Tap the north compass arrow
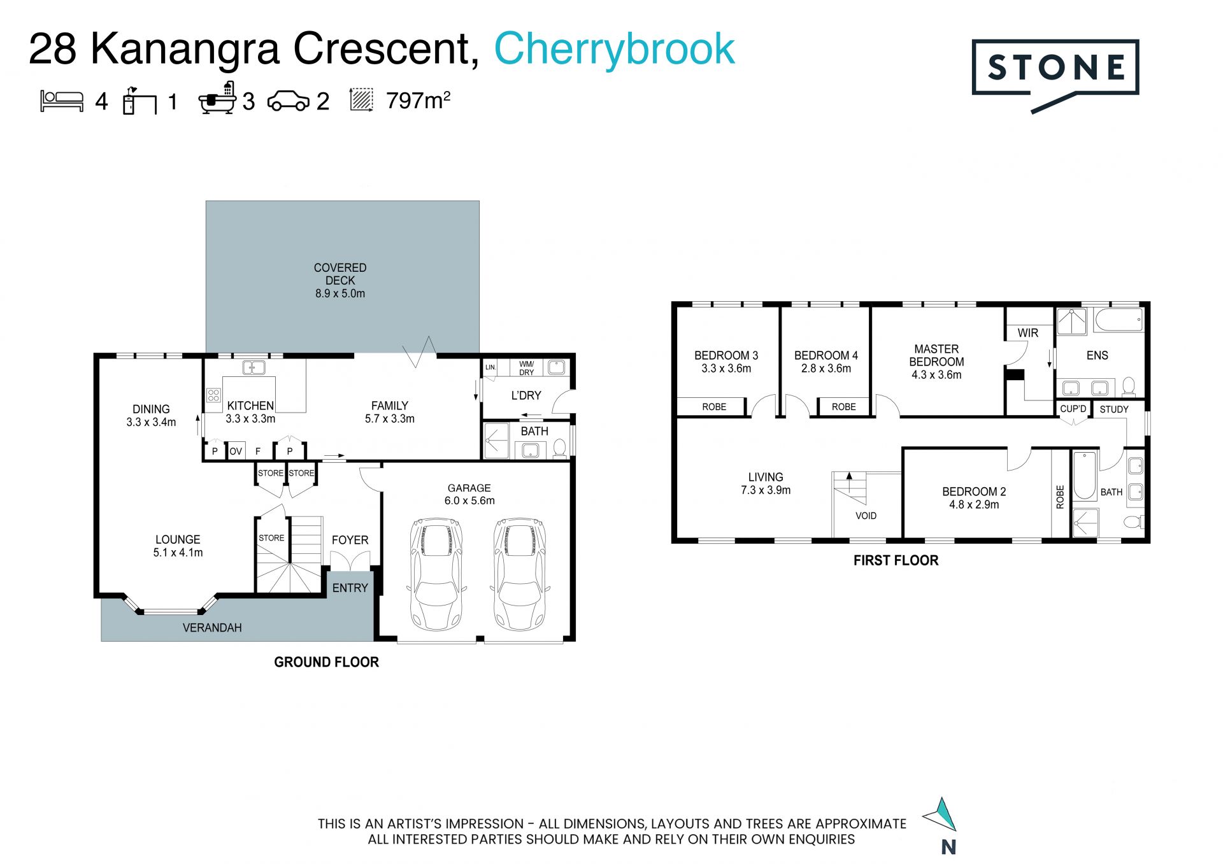(941, 814)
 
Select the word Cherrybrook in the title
(614, 49)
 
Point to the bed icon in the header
(62, 101)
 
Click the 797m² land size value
(418, 101)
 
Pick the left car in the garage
(437, 574)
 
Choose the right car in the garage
(520, 574)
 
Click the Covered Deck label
(340, 281)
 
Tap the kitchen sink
(254, 367)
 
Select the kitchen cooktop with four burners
(213, 395)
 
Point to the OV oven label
(236, 451)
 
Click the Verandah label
(212, 628)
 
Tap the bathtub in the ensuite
(1119, 320)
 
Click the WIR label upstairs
(1027, 333)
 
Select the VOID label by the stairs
(866, 516)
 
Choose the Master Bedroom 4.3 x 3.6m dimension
(936, 375)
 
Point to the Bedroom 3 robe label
(714, 407)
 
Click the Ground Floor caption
(326, 662)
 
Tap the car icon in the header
(288, 101)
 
